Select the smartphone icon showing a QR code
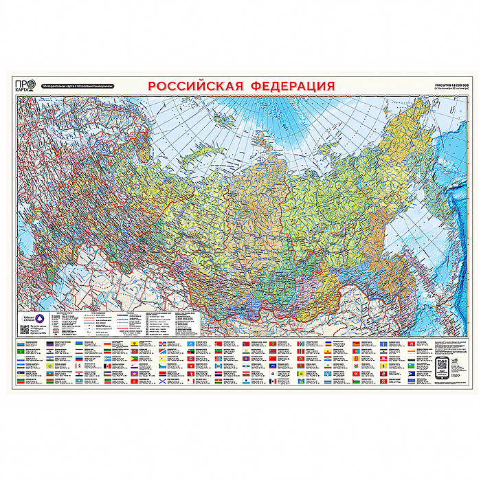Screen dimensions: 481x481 (x=443, y=366)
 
